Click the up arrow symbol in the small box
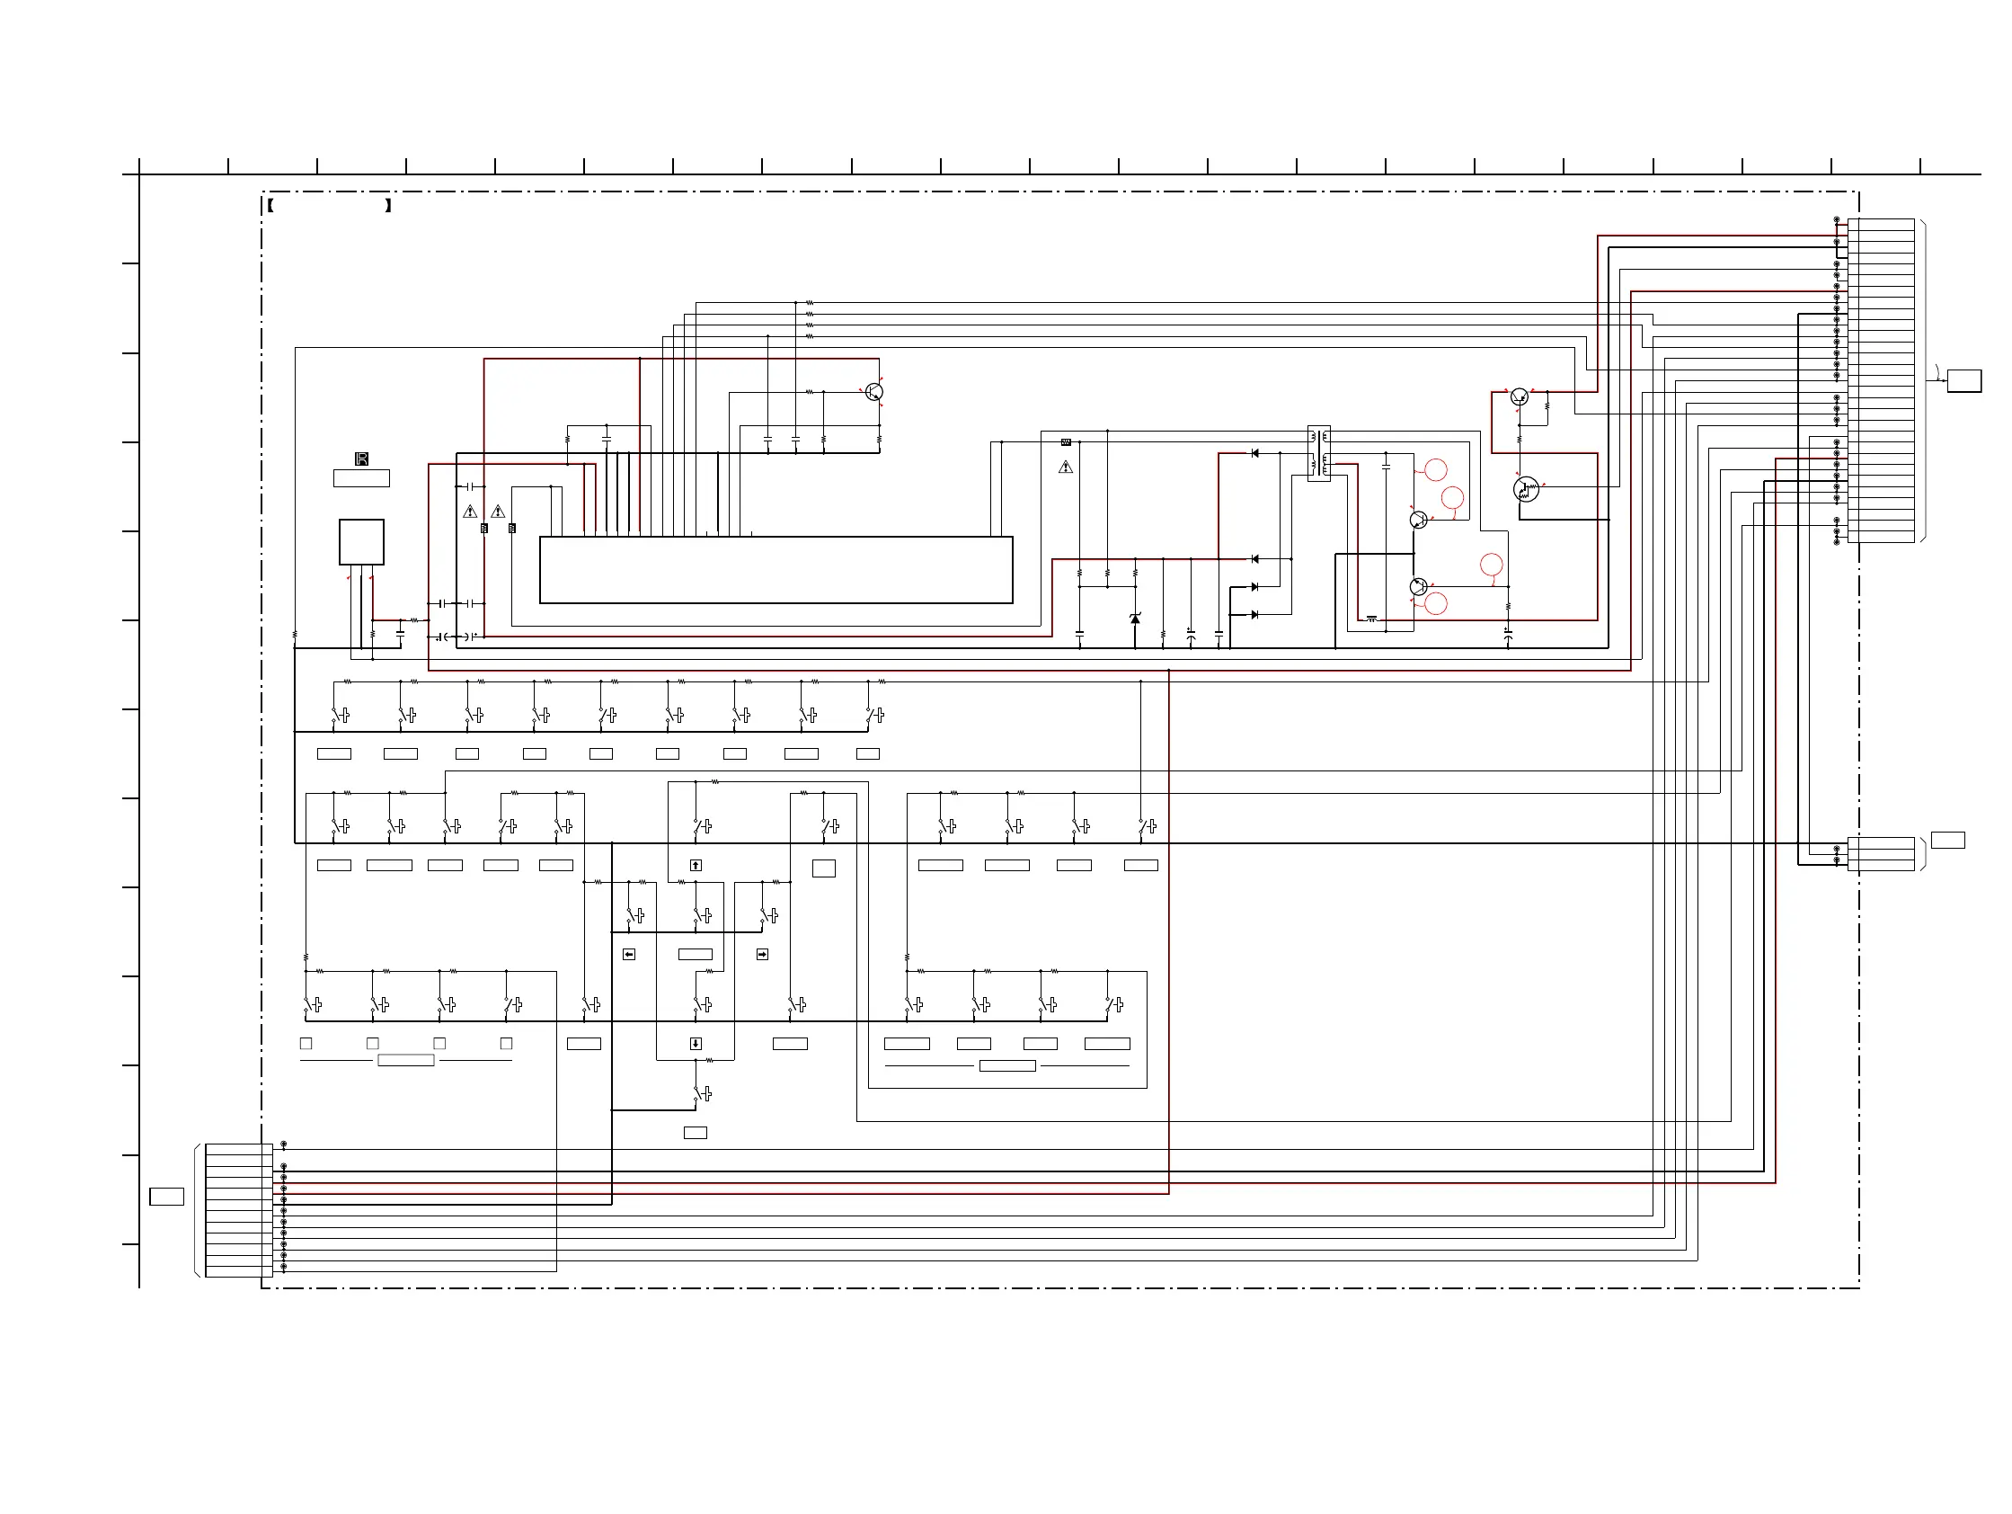pos(696,865)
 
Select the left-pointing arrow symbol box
pos(628,955)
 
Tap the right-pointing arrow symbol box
pos(762,955)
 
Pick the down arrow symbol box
pos(696,1044)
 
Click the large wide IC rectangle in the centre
pos(776,570)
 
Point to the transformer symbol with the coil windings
pos(1318,453)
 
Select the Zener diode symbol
pos(1134,619)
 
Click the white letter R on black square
pos(361,459)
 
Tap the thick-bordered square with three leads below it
pos(361,542)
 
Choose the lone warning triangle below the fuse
pos(1066,468)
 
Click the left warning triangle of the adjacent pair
pos(470,512)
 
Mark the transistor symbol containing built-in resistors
pos(1525,489)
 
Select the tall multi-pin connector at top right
pos(1880,380)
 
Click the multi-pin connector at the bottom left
pos(238,1210)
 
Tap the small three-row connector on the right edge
pos(1880,853)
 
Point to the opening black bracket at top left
pos(270,206)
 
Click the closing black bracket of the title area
pos(388,206)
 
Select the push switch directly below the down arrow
pos(701,1093)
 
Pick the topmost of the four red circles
pos(1435,469)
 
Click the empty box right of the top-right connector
pos(1963,381)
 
